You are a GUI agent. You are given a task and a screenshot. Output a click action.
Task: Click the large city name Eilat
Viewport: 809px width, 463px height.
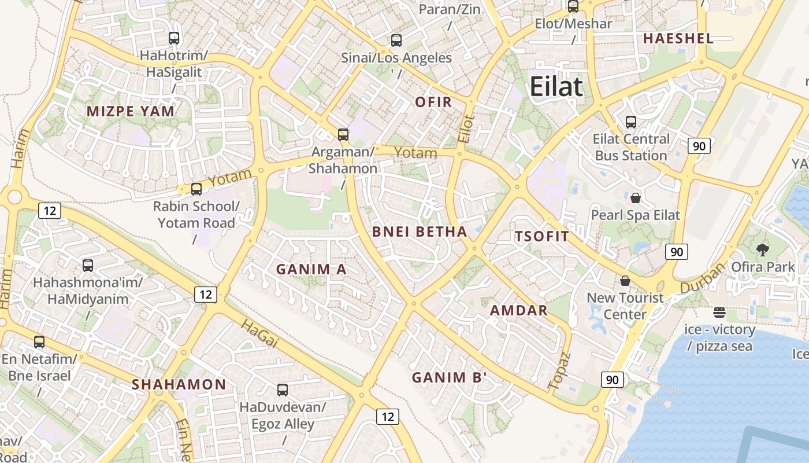[556, 87]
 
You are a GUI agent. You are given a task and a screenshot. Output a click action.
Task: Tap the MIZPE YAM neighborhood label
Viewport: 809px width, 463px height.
[131, 111]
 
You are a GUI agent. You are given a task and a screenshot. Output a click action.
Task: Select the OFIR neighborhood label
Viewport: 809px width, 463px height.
[433, 102]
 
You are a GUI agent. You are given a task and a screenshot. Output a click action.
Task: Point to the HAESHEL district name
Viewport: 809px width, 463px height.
[678, 39]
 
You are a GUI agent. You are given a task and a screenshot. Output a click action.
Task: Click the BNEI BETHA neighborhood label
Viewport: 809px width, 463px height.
[420, 232]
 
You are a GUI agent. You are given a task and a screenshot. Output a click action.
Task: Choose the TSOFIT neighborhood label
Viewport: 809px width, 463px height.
[541, 236]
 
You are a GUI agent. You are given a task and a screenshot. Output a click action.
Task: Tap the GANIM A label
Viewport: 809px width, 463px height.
[311, 269]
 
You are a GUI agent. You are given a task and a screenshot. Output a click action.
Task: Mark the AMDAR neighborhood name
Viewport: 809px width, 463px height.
[519, 310]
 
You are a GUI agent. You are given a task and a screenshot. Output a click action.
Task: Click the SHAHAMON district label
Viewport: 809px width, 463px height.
[179, 384]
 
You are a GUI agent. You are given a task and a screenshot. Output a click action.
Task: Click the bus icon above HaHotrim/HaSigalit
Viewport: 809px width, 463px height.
[174, 38]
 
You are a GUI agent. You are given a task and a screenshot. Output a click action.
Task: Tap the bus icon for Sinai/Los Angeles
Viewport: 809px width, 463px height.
[396, 41]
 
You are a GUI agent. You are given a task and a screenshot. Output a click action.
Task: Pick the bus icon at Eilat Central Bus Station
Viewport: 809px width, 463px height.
[631, 122]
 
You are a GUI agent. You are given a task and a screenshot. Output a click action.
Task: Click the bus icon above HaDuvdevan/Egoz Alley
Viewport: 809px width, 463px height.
[283, 390]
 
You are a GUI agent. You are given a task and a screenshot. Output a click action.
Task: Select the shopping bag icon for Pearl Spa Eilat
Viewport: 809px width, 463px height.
[636, 198]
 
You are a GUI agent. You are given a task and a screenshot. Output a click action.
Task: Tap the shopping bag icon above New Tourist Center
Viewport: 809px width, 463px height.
[625, 281]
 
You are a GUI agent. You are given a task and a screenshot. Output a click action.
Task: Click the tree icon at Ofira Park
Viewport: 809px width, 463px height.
[763, 250]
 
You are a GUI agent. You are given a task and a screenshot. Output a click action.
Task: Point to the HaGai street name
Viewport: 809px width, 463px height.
[259, 334]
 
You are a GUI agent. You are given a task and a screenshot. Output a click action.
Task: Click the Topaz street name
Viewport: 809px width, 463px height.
[559, 370]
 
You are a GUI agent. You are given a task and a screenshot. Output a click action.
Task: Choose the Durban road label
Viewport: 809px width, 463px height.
[702, 278]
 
